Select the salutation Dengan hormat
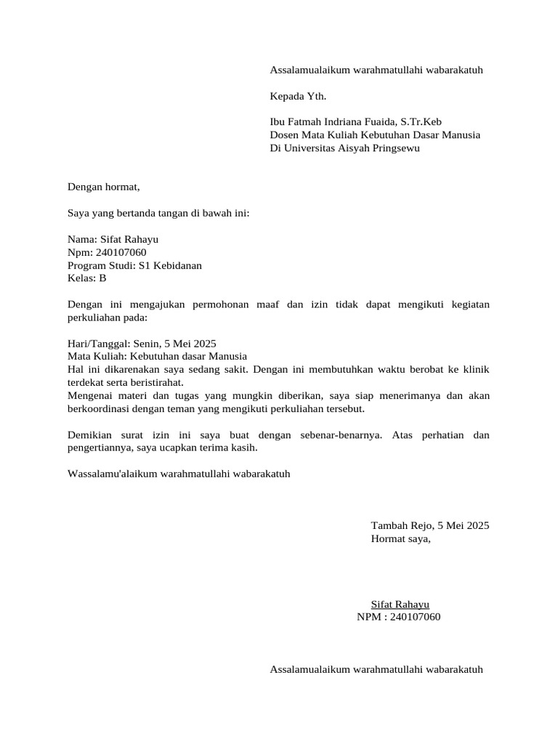[x=103, y=187]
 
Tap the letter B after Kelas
[x=102, y=278]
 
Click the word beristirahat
[x=155, y=382]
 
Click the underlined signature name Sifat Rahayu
[x=400, y=604]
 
